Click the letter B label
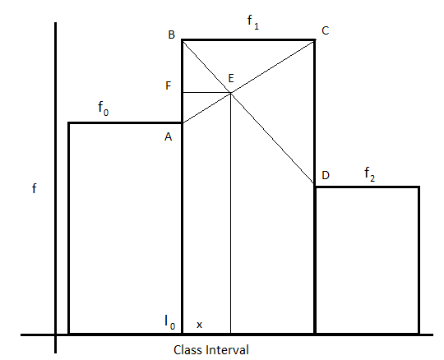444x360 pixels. point(172,35)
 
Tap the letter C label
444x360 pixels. point(326,30)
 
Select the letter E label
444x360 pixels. point(231,78)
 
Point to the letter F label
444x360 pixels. point(169,85)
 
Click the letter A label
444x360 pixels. point(169,136)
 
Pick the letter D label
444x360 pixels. point(326,175)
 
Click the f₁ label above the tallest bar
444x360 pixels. point(253,22)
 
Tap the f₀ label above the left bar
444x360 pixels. point(103,108)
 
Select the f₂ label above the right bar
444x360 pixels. point(369,174)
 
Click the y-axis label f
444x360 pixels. point(35,188)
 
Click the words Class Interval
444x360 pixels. point(211,350)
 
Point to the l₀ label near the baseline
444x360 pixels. point(170,322)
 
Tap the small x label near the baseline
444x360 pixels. point(199,325)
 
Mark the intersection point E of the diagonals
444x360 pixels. point(231,93)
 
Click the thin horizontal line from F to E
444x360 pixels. point(206,93)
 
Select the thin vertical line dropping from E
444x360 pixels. point(231,213)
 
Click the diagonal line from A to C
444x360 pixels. point(248,82)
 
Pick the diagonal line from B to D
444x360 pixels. point(248,113)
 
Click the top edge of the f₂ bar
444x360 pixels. point(368,187)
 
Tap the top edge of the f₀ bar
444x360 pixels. point(125,122)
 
